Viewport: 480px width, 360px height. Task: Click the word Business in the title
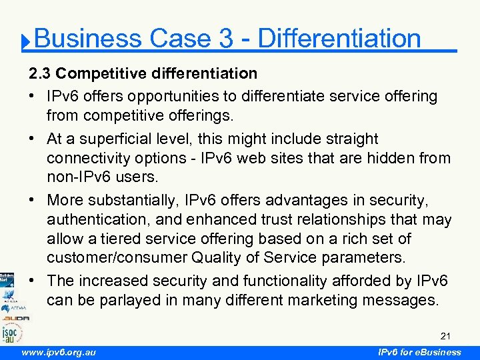(88, 39)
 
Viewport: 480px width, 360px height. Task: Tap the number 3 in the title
(225, 39)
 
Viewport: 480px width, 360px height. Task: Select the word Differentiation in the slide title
(339, 39)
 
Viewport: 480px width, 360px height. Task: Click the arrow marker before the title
(25, 43)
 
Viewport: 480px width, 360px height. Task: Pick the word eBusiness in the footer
(437, 352)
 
